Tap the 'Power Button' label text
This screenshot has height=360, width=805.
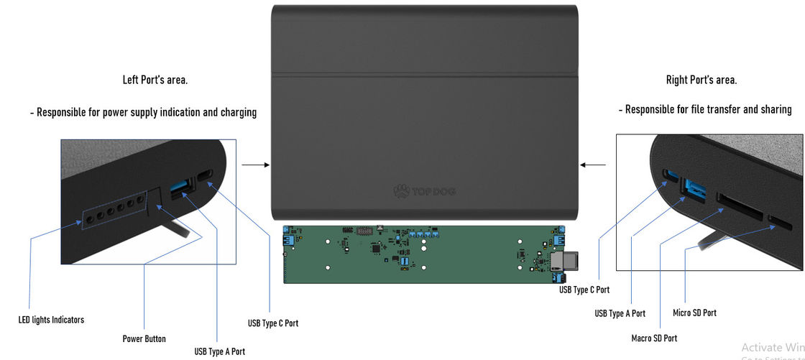tap(144, 338)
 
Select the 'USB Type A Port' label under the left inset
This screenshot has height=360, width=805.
tap(219, 351)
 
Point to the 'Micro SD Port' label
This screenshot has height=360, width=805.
tap(694, 313)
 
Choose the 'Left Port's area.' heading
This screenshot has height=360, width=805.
tap(155, 80)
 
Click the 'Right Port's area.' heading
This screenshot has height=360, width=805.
tap(701, 80)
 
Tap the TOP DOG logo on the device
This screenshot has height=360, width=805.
tap(425, 191)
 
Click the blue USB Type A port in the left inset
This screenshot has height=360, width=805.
tap(181, 190)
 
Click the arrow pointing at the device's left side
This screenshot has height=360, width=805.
tap(255, 165)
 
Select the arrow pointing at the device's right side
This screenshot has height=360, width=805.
tap(593, 165)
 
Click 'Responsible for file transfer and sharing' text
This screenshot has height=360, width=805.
tap(704, 110)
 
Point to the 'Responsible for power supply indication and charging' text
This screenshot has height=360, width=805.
tap(143, 112)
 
